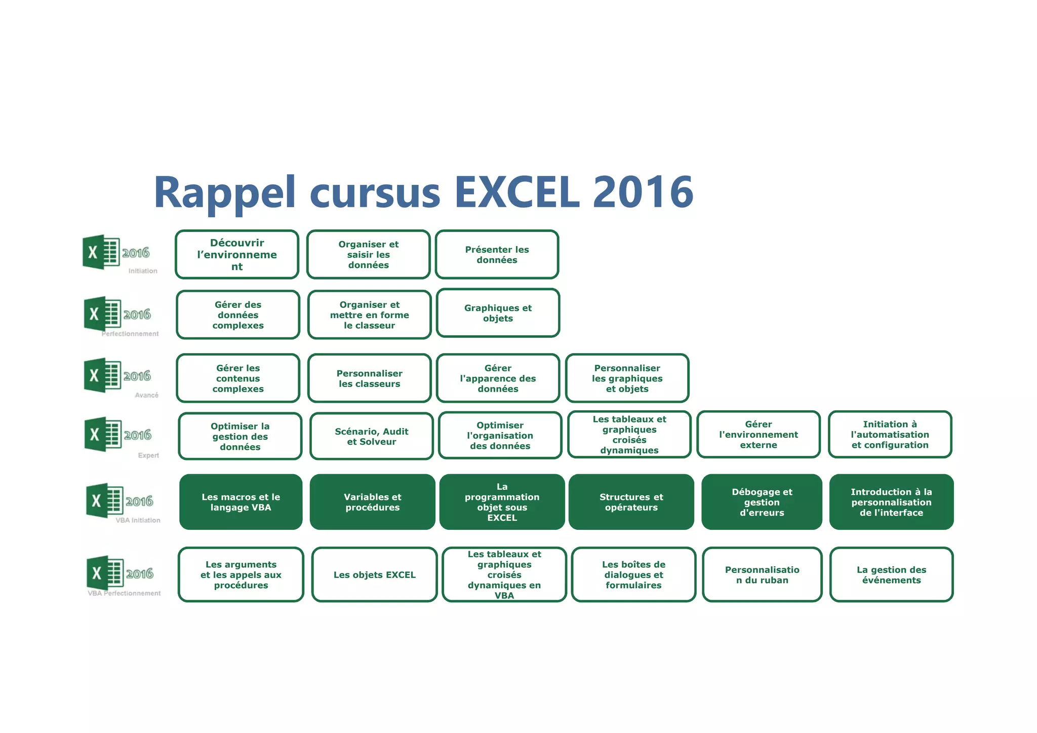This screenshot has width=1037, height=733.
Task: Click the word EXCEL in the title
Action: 517,192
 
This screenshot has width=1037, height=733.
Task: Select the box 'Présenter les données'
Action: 497,255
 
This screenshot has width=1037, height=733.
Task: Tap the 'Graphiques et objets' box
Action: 498,313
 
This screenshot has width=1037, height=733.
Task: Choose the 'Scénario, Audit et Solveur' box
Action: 371,436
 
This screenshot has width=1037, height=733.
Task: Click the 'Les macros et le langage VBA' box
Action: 241,502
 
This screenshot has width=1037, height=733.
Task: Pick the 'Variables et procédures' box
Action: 372,502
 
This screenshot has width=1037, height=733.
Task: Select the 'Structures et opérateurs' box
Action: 631,502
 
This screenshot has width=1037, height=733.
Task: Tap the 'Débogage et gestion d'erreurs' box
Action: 762,502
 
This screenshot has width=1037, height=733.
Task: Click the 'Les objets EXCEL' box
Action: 374,574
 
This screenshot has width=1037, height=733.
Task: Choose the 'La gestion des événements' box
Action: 891,574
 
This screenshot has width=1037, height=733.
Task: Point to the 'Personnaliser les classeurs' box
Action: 369,378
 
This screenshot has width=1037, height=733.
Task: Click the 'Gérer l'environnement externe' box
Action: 758,435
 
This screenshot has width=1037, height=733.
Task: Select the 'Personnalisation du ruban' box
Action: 762,574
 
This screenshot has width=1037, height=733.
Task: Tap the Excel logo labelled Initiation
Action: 101,252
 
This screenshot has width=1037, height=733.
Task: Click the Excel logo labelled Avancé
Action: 102,375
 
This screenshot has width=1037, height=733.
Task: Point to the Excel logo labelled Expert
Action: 103,434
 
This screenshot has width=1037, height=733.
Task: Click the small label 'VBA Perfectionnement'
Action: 124,593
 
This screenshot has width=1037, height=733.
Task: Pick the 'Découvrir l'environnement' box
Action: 237,255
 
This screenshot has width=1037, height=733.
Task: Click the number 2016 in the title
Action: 643,192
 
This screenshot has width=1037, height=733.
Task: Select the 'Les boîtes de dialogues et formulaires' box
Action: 633,574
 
